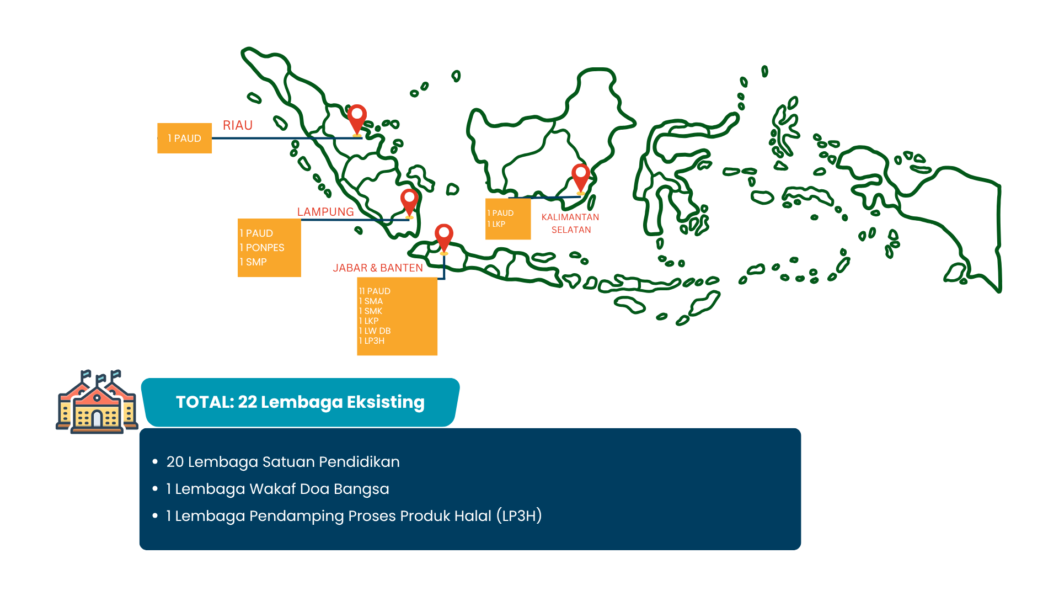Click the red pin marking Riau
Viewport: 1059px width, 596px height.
357,119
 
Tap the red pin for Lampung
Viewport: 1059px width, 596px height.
409,202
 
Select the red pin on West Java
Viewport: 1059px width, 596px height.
444,237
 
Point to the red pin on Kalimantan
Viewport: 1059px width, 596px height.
581,177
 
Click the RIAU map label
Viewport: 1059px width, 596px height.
238,125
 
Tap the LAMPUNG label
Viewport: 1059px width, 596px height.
325,212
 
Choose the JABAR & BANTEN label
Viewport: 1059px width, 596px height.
378,268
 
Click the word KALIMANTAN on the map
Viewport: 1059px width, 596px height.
570,217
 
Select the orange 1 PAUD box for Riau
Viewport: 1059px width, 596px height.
185,138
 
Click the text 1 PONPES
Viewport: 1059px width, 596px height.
262,248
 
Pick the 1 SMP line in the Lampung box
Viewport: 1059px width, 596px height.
253,262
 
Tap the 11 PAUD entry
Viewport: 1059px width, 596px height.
375,291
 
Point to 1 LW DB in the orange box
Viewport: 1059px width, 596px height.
375,331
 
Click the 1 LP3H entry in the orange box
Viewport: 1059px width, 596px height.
372,340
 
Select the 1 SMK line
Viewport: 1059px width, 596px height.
371,311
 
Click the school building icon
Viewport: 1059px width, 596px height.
97,402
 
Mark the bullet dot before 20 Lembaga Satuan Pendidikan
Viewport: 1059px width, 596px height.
155,461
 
